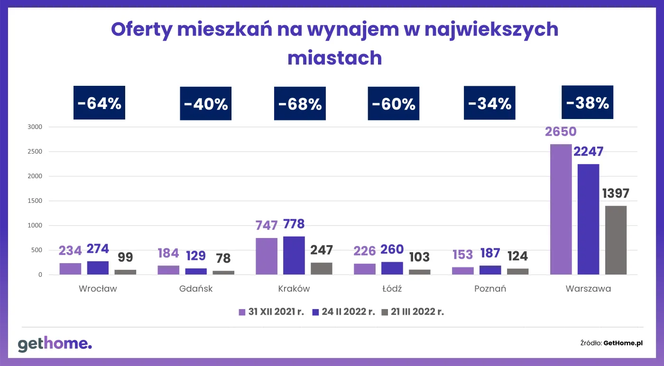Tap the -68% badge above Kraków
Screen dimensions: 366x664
point(300,103)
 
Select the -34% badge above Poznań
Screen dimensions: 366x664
point(489,103)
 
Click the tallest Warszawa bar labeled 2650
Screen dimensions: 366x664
point(561,209)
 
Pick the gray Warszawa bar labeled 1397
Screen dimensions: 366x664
point(616,240)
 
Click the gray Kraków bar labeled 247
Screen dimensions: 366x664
point(322,268)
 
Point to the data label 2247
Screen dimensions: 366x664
point(588,151)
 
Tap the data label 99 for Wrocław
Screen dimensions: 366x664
point(125,257)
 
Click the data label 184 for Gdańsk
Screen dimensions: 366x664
point(168,253)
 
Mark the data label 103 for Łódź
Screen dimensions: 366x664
point(419,257)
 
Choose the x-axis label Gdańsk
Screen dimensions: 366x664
point(196,289)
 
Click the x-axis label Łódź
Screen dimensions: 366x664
point(392,289)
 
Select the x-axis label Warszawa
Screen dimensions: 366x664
point(588,289)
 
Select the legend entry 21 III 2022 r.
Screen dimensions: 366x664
point(413,312)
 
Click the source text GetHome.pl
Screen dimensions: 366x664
point(623,343)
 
